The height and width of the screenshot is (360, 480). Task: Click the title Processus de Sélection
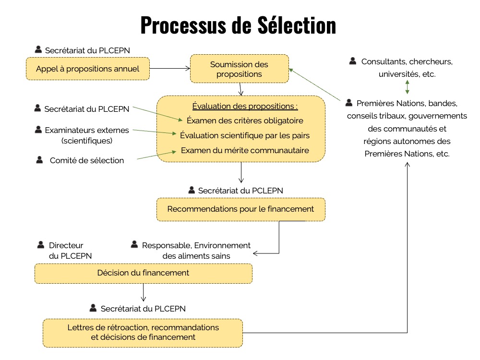[x=238, y=25]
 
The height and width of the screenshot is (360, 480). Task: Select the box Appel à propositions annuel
[x=87, y=69]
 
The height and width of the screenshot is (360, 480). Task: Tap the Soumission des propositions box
[x=239, y=69]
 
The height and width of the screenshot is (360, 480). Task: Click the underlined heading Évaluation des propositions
[x=245, y=106]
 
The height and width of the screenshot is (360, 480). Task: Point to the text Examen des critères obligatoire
[x=245, y=120]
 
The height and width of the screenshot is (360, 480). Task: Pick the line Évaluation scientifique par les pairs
[x=245, y=135]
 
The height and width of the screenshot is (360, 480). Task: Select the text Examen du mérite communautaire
[x=245, y=150]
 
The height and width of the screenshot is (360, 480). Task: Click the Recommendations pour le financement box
[x=240, y=209]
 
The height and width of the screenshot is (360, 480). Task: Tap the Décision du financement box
[x=143, y=273]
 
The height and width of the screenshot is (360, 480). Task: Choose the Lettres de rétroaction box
[x=143, y=332]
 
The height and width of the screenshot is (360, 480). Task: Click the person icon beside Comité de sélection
[x=39, y=160]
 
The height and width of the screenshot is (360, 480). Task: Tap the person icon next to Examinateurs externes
[x=38, y=130]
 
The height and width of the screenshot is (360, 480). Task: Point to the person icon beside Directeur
[x=41, y=245]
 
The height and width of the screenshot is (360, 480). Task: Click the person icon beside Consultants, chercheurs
[x=353, y=61]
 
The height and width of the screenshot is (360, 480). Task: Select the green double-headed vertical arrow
[x=407, y=86]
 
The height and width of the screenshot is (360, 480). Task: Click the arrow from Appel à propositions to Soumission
[x=170, y=69]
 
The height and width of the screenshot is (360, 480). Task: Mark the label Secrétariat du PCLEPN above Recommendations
[x=240, y=191]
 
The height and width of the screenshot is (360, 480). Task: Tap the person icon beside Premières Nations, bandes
[x=349, y=103]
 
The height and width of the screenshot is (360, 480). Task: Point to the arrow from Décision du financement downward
[x=143, y=292]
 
